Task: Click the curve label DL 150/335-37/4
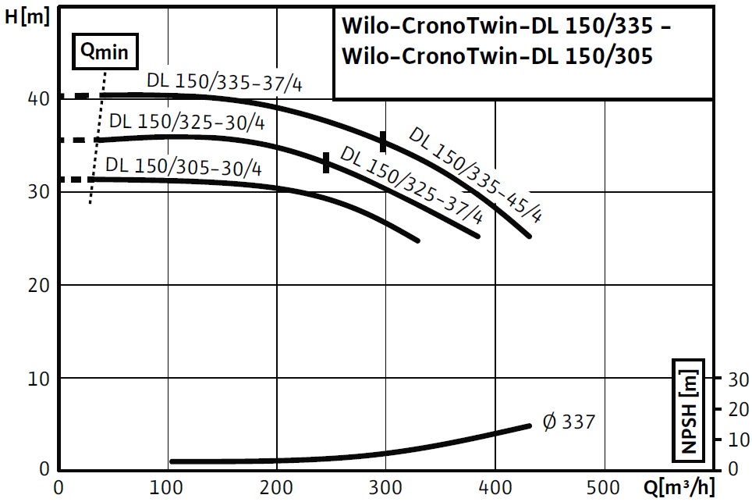coord(224,82)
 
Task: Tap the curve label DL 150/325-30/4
coord(187,123)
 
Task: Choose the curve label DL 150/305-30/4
coord(183,166)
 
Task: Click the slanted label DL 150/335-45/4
coord(475,175)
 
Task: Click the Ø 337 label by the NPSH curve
coord(568,422)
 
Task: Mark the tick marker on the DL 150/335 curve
coord(383,141)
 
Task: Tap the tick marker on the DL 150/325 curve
coord(326,162)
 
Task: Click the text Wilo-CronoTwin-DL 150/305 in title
coord(497,56)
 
